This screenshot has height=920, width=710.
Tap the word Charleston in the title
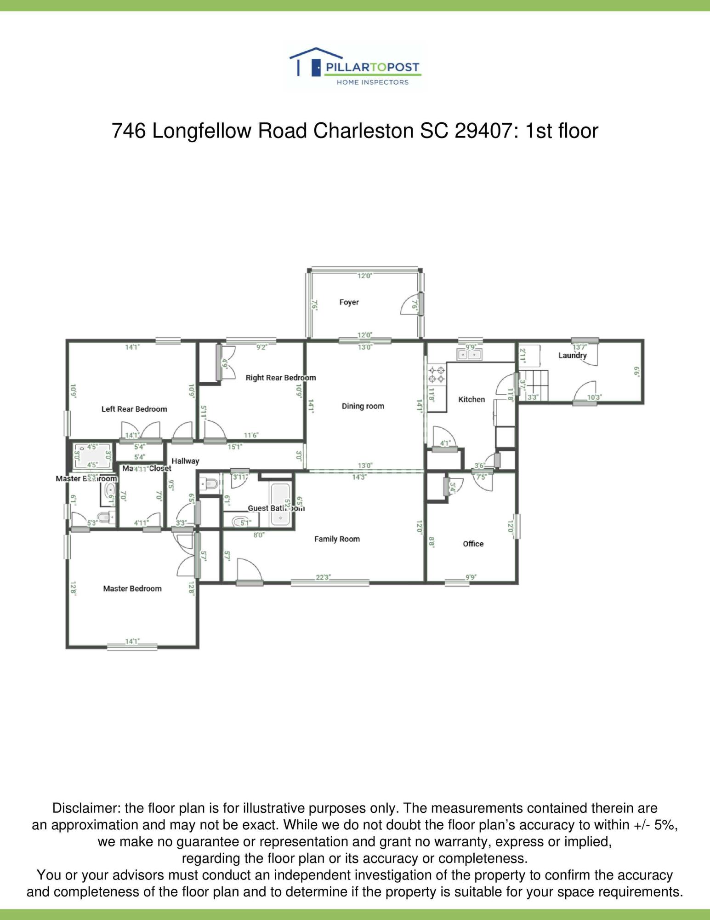click(363, 131)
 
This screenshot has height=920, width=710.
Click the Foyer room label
click(349, 302)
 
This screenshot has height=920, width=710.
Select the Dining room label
click(363, 406)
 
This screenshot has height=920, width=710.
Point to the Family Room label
click(337, 539)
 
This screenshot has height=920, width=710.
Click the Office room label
click(473, 544)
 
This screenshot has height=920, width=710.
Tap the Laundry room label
click(572, 356)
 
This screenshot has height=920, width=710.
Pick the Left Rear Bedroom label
click(134, 409)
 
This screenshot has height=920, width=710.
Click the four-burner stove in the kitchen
click(436, 374)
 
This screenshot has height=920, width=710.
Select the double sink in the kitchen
click(469, 355)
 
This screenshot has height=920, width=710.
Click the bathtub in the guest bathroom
click(280, 504)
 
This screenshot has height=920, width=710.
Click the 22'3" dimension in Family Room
click(323, 577)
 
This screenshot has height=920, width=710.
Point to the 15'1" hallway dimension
click(235, 447)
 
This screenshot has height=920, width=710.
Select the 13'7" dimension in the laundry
click(579, 347)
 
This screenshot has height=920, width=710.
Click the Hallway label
click(185, 461)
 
